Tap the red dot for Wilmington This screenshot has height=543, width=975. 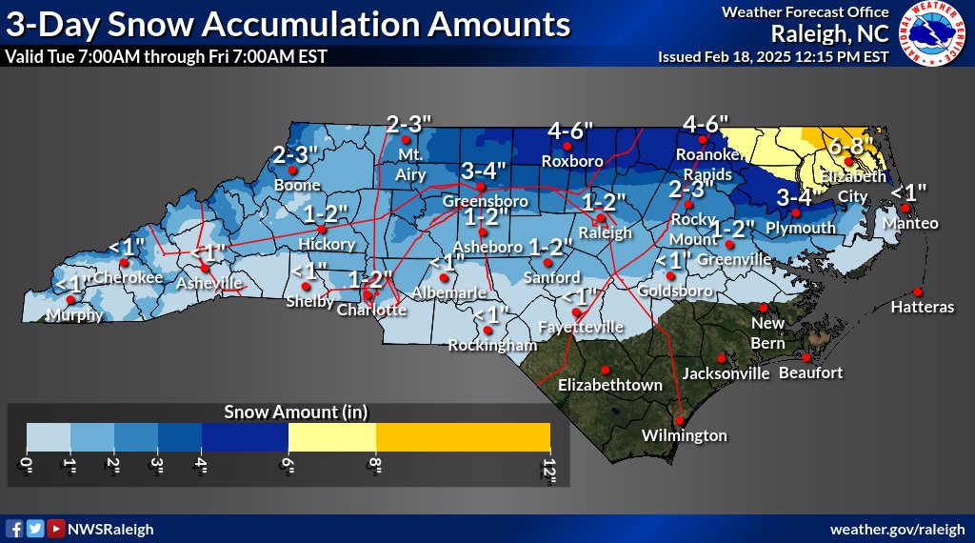(x=680, y=420)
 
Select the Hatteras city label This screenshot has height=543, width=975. (x=922, y=308)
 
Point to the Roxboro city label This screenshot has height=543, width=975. (x=572, y=161)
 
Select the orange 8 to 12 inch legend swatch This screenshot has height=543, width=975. (x=464, y=436)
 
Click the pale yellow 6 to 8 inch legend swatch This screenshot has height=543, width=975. (x=332, y=436)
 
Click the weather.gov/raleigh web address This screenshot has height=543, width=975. (x=898, y=529)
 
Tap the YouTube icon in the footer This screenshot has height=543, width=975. (x=57, y=529)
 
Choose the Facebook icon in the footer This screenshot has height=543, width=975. (x=14, y=529)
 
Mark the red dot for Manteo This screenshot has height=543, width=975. (x=907, y=208)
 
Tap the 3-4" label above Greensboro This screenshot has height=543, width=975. (x=486, y=171)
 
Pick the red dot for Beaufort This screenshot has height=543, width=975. (x=806, y=358)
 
